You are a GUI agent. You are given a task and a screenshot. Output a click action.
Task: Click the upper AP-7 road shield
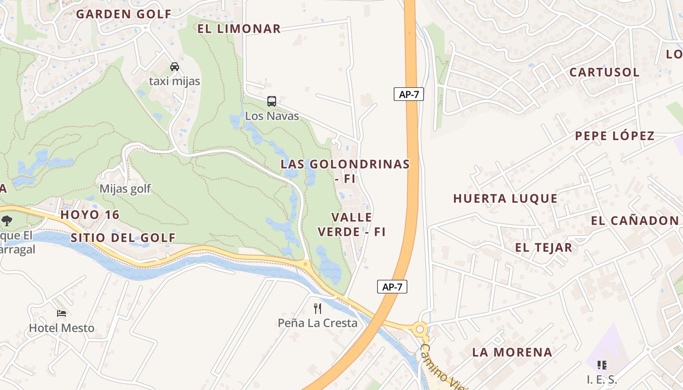coord(409,94)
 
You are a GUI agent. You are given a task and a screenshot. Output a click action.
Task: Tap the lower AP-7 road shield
coord(392,287)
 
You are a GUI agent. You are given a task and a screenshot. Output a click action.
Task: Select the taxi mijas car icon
coord(174,67)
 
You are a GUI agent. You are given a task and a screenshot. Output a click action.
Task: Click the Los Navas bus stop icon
coord(272,101)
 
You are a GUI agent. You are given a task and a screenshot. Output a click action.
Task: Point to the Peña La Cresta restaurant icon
coord(318,308)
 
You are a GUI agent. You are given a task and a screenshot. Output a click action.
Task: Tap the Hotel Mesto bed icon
coord(61,313)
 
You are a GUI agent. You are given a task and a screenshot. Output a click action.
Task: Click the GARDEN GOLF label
coord(123,14)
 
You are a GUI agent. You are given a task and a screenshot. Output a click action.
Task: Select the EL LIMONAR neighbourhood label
coord(239,29)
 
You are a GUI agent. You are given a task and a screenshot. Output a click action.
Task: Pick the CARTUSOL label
coord(604,72)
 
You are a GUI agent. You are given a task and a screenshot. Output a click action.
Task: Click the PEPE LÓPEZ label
coord(615,136)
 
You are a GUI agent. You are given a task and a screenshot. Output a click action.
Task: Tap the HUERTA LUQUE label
coord(505,198)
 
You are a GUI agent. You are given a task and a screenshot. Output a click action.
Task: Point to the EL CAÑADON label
coord(635,221)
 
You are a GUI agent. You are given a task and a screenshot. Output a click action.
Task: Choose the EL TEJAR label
coord(543,248)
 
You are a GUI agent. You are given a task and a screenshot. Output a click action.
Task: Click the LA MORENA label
coord(512,352)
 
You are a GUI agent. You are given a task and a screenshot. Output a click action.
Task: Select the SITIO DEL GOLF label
coord(123,238)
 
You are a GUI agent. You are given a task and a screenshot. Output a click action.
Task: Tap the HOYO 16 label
coord(90,215)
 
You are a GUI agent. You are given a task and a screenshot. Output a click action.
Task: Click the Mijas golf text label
coord(125,189)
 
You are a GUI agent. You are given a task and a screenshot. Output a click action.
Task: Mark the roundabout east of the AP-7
coord(420,330)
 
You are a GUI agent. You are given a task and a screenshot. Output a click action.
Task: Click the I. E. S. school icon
coord(602,365)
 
